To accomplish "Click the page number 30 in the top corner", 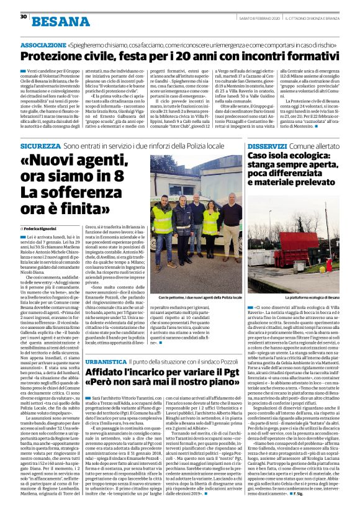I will (x=23, y=16).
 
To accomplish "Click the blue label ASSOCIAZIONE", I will (x=40, y=47).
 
